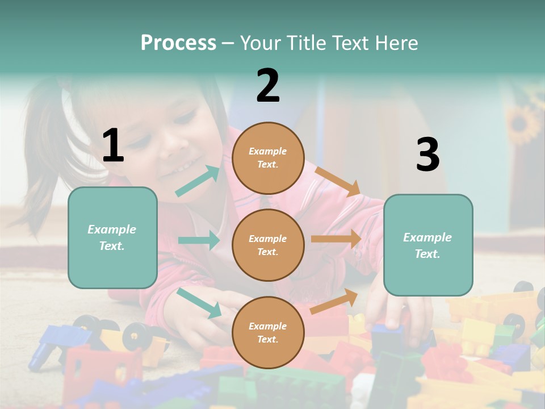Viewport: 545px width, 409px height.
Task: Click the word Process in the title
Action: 178,43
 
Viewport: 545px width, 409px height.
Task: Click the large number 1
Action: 112,146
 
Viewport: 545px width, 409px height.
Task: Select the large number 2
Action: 268,86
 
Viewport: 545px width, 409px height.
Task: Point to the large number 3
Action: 427,155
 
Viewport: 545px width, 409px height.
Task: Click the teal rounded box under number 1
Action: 112,237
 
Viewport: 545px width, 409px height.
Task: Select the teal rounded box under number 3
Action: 428,245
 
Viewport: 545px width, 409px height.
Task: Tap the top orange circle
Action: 268,158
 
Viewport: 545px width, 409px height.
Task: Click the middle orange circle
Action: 268,245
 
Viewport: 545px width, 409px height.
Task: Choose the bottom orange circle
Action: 268,332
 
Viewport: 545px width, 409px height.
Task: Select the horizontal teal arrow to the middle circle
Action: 199,240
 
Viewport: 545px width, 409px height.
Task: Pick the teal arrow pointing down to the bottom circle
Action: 199,302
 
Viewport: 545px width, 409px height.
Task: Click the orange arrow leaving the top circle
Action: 338,181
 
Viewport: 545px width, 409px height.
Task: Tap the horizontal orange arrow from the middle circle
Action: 336,239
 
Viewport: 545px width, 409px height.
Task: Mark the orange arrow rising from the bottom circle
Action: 334,301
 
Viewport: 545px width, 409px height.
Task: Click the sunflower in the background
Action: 523,123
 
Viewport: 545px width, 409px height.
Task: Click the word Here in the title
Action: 396,43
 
